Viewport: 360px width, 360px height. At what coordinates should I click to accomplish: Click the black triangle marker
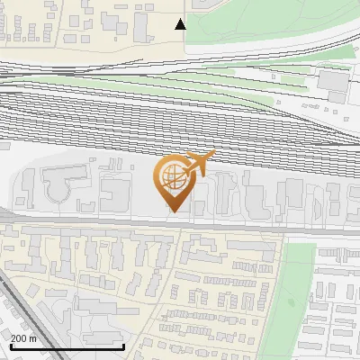pos(181,24)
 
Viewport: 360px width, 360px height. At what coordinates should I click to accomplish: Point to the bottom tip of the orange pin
pos(172,211)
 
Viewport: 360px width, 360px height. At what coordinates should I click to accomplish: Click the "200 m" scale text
pos(23,338)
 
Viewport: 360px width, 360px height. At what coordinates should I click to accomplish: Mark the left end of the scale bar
pos(10,346)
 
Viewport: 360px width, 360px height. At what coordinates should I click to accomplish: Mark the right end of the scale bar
pos(123,346)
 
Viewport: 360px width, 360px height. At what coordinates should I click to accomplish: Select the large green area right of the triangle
pos(270,22)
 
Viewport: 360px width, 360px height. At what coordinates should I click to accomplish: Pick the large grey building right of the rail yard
pos(334,83)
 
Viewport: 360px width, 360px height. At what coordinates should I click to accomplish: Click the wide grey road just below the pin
pos(180,223)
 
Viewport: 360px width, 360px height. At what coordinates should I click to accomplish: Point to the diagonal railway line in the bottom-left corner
pos(22,315)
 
